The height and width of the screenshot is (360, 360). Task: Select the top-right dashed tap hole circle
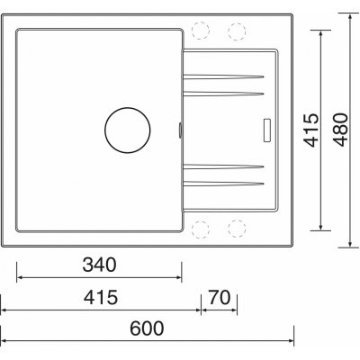click(237, 31)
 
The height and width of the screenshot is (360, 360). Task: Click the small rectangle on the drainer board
click(266, 128)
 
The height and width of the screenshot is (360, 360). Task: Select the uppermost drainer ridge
click(224, 78)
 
